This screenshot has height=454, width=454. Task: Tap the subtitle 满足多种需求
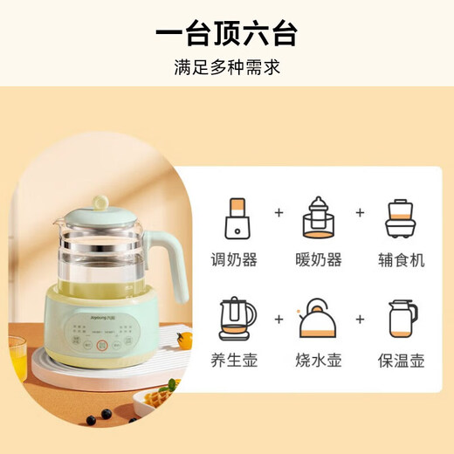[x=227, y=66]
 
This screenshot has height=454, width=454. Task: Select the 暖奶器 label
[x=319, y=259]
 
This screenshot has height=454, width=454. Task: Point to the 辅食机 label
[x=401, y=259]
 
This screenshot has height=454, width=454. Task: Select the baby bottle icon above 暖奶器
[x=318, y=218]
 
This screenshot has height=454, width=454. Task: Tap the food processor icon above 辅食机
[x=401, y=219]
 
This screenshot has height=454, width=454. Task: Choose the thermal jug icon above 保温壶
[x=401, y=320]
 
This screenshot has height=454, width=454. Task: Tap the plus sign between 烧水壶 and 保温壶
[x=360, y=318]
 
